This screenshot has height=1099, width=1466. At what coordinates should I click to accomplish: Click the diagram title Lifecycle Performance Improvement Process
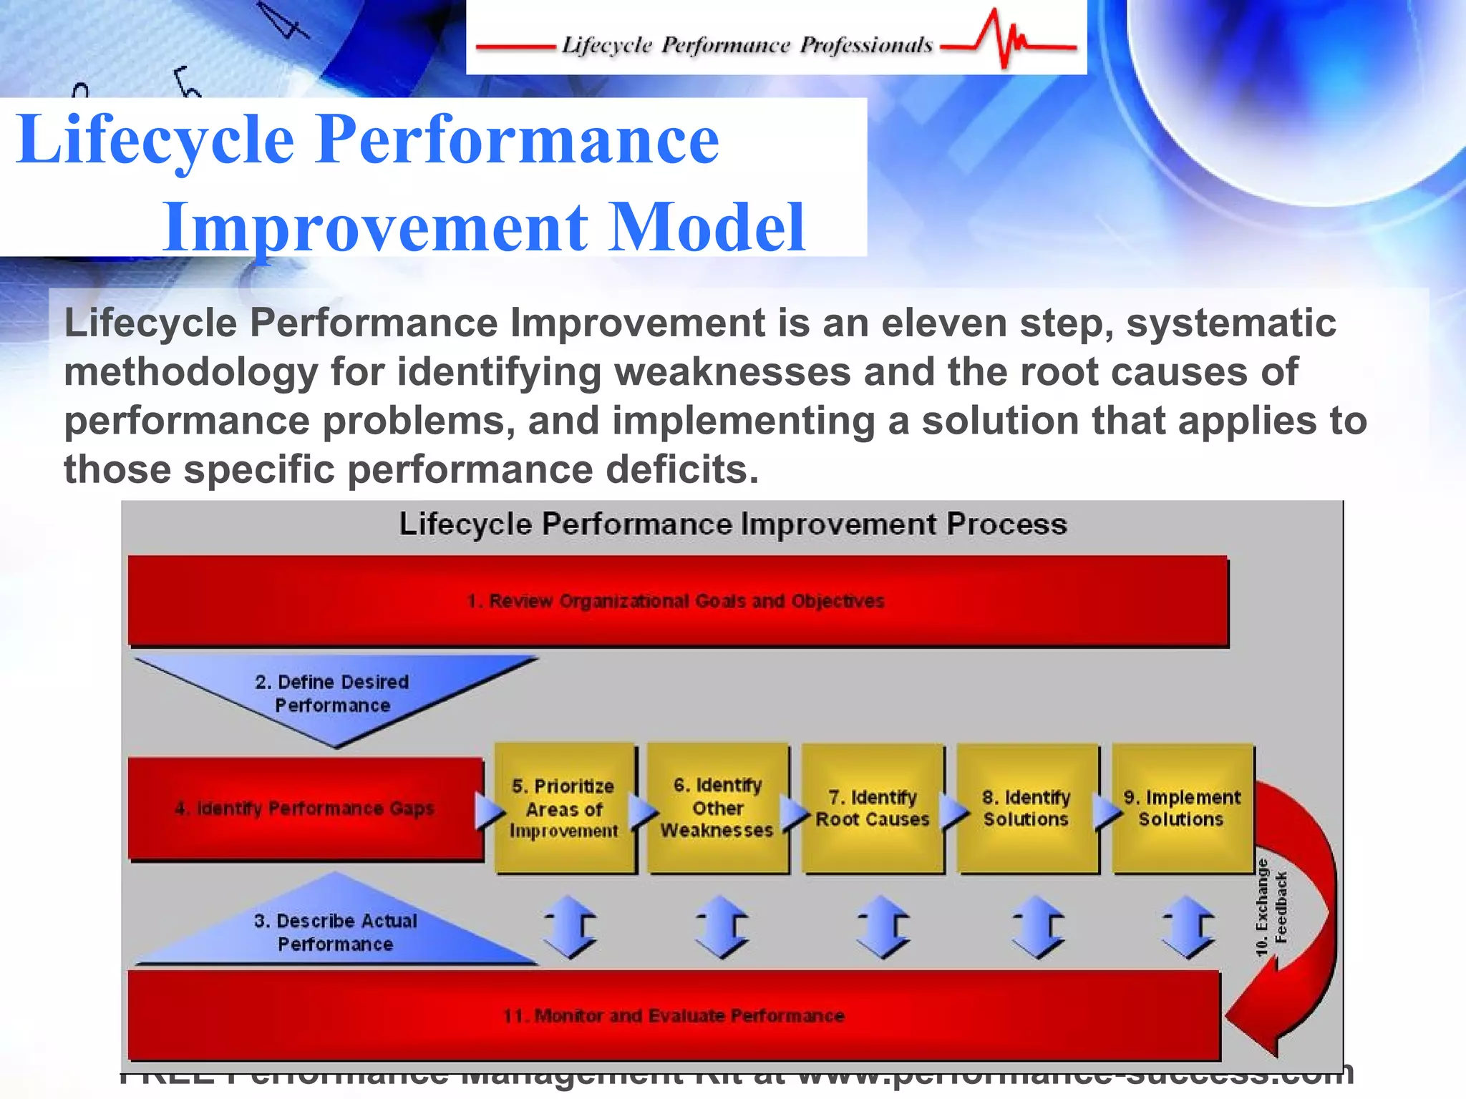(x=732, y=524)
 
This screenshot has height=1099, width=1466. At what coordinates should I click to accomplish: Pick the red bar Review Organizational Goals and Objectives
(x=676, y=601)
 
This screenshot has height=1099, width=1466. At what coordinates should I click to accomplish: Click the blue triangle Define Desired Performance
(x=333, y=693)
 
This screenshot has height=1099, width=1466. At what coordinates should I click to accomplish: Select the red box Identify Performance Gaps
(x=305, y=809)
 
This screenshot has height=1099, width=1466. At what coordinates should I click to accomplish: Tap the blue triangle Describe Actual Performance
(x=335, y=930)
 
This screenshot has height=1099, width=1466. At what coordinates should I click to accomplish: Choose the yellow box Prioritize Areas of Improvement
(x=564, y=809)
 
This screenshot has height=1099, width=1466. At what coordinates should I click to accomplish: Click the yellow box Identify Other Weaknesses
(x=717, y=809)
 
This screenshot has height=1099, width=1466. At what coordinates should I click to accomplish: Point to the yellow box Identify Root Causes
(x=873, y=809)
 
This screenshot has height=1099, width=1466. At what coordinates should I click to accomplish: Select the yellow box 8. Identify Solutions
(x=1026, y=809)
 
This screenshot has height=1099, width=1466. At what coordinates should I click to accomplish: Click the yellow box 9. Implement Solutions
(x=1182, y=809)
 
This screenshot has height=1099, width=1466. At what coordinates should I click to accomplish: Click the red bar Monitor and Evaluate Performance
(x=673, y=1016)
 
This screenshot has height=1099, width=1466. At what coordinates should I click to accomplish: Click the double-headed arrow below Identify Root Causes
(x=883, y=927)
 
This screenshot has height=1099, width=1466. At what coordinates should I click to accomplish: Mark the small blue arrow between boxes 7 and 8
(x=953, y=812)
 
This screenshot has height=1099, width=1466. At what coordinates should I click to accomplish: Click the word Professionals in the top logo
(x=866, y=46)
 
